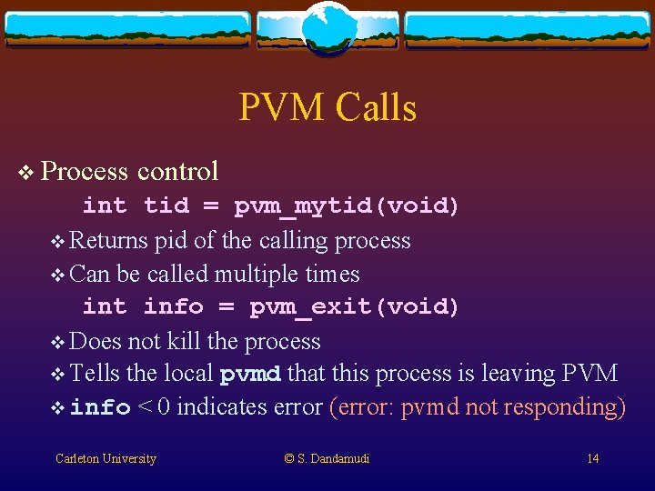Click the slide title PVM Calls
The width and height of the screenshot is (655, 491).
coord(327,107)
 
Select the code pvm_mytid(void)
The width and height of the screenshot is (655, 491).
coord(347,206)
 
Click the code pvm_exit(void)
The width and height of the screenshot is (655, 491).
coord(354,307)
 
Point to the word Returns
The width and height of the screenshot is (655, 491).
coord(108,241)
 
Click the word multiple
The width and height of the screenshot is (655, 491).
coord(271,275)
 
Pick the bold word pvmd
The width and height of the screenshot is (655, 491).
coord(250,375)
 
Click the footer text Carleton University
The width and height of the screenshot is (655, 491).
coord(106,459)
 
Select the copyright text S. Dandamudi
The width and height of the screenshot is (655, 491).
coord(327,459)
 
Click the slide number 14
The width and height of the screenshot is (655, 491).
coord(592,459)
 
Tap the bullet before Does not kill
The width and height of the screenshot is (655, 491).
coord(59,343)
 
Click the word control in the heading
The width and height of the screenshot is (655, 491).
coord(177,171)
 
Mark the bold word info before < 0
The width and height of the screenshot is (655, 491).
coord(100,408)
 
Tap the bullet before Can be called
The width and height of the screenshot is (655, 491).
coord(59,276)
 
